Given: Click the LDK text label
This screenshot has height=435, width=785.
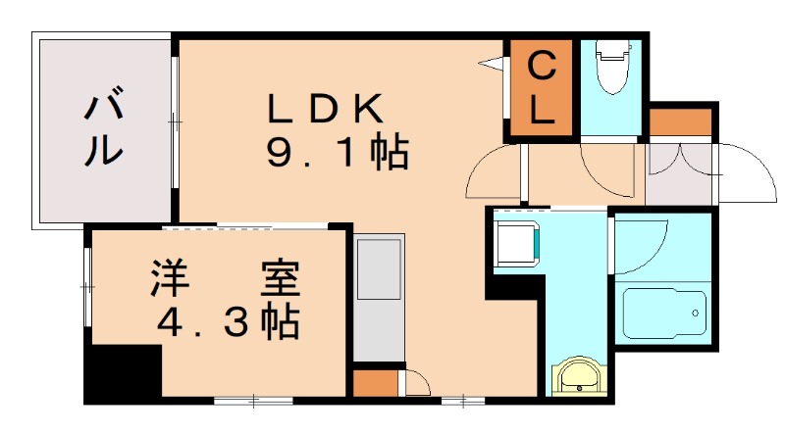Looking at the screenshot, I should point(316,109).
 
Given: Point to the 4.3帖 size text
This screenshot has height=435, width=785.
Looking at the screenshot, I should point(227,321).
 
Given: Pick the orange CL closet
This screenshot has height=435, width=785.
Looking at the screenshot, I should point(541,89).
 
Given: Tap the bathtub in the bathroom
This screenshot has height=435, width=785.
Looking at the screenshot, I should point(664,313).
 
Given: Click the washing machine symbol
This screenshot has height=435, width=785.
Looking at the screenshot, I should point(518,246).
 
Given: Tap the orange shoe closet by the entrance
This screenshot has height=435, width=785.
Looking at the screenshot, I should point(680,122).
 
